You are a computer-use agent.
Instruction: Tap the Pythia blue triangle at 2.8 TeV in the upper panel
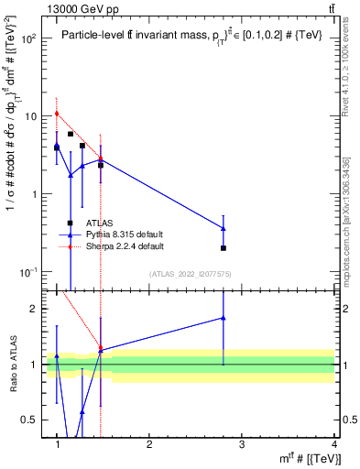click(224, 228)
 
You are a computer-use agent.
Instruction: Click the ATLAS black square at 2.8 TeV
click(224, 248)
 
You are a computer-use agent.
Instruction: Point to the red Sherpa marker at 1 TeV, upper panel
click(57, 114)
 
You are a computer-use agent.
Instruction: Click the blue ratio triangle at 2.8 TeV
click(224, 318)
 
